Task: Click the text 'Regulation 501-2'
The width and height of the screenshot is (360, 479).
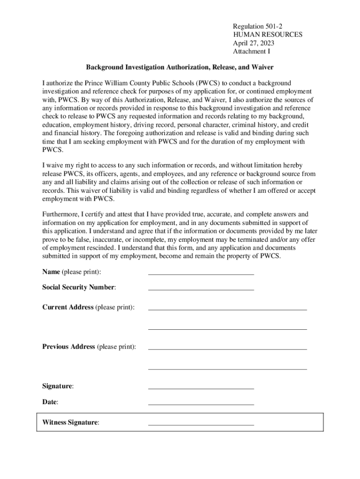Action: tap(257, 26)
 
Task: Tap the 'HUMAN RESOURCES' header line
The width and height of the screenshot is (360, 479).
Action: tap(267, 34)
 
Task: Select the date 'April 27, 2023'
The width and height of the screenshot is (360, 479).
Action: tap(253, 43)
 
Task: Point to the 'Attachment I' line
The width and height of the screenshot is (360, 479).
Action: tap(252, 51)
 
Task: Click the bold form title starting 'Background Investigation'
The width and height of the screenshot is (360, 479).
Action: tap(180, 67)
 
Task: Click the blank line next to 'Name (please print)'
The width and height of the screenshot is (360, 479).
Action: tap(201, 274)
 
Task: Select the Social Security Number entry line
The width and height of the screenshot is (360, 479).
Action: tap(201, 290)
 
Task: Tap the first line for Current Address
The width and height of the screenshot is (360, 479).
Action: tap(227, 309)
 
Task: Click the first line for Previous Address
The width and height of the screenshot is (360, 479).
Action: tap(227, 349)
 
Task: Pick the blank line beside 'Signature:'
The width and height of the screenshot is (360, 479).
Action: tap(201, 388)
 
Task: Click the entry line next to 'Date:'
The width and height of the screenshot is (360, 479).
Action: tap(201, 404)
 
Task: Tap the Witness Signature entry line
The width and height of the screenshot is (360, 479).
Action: tap(201, 424)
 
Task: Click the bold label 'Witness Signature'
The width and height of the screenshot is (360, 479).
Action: tap(70, 422)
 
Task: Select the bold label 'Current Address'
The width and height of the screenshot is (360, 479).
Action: tap(68, 307)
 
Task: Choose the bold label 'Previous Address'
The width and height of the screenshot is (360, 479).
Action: tap(68, 347)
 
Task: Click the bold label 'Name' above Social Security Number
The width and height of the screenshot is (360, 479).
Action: tap(51, 272)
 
